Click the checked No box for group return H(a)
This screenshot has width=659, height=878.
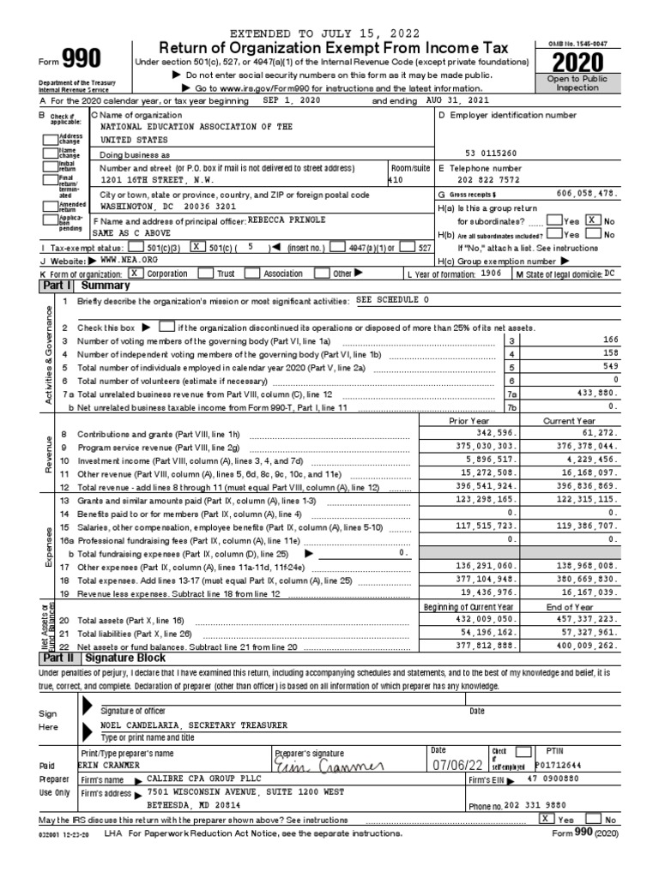pos(591,220)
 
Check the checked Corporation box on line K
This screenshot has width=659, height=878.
pos(135,274)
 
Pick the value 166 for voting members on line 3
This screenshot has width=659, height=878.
pos(610,340)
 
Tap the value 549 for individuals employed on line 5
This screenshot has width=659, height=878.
pos(610,367)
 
